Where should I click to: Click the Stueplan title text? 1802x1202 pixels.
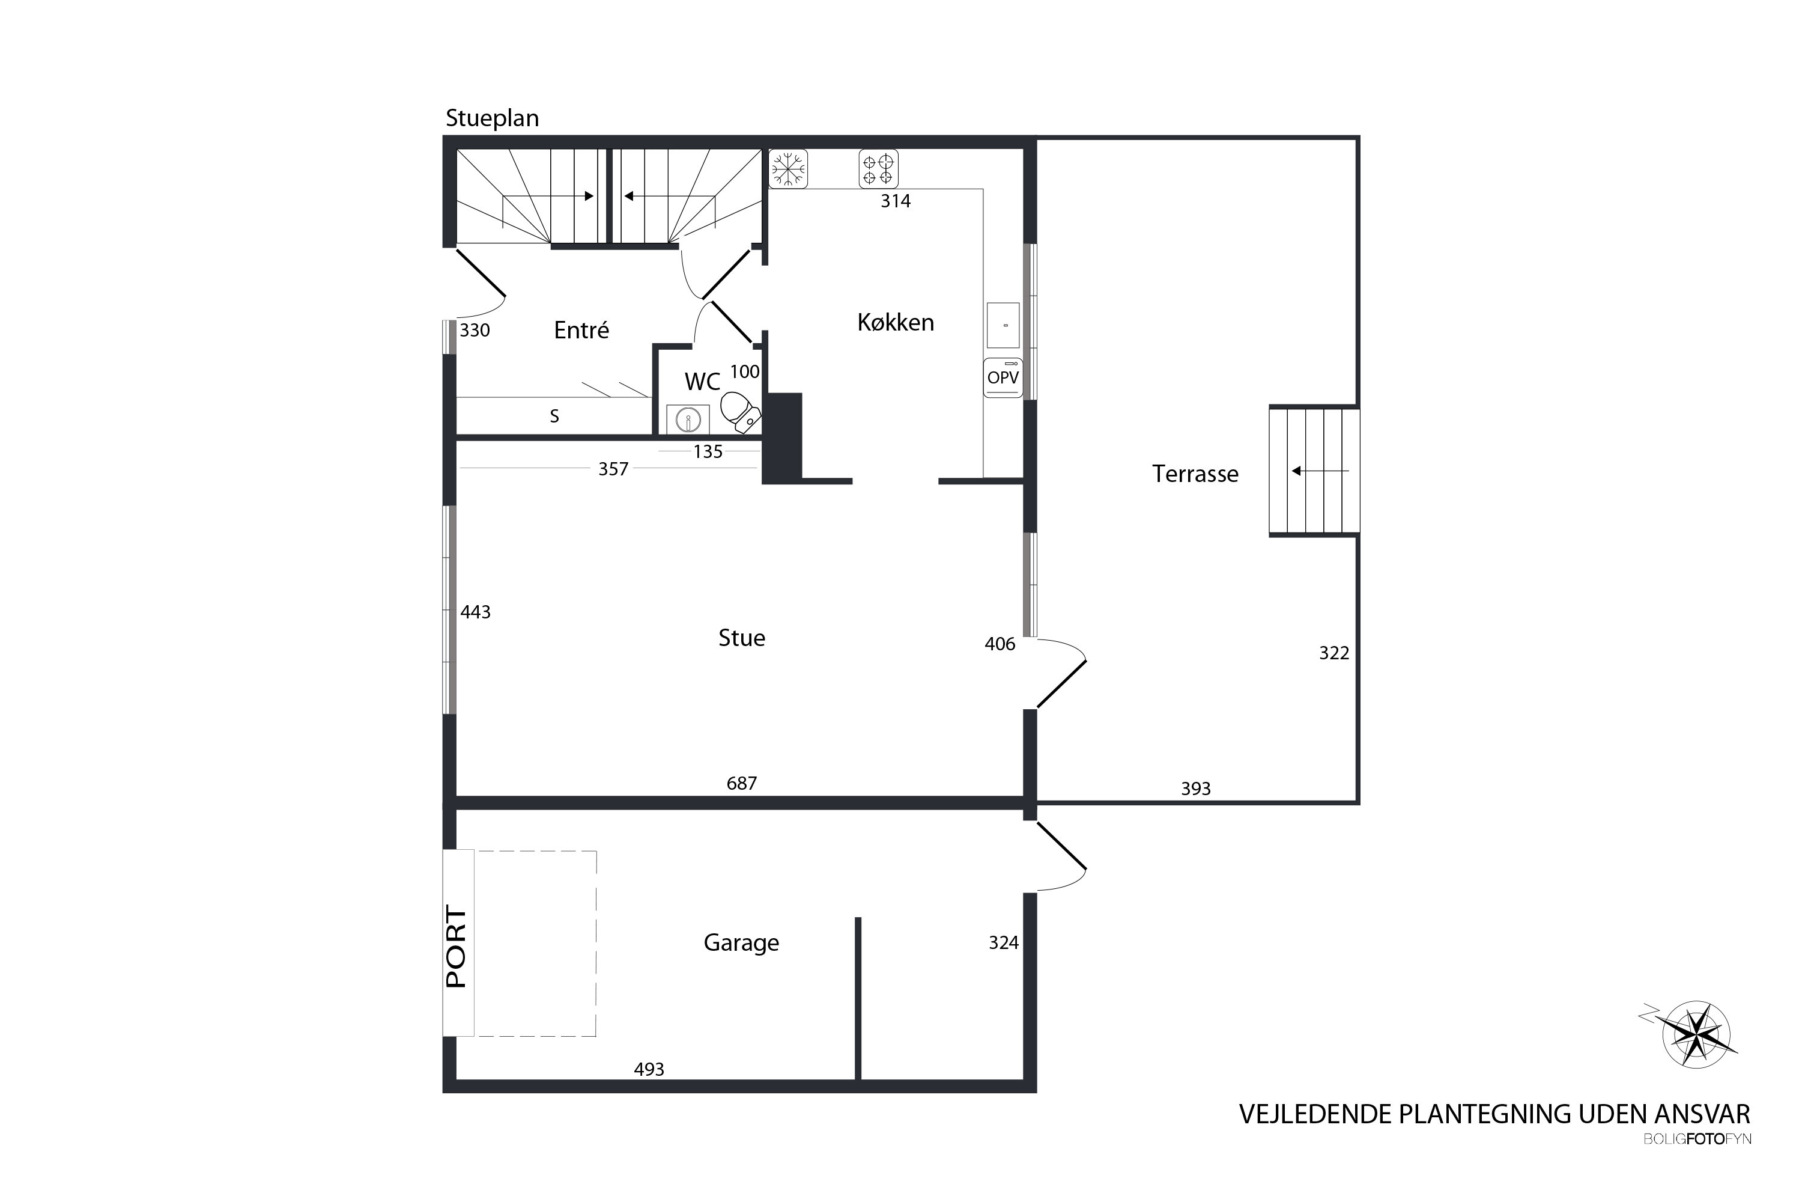click(493, 118)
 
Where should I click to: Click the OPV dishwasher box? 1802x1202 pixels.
click(1003, 377)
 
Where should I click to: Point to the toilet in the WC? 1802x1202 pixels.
click(740, 412)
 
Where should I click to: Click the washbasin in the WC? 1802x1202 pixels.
click(688, 419)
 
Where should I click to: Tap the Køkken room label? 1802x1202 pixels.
click(896, 322)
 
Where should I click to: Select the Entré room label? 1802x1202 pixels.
click(581, 329)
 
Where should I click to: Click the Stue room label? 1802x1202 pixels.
click(742, 638)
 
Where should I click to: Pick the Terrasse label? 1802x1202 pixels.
click(1195, 474)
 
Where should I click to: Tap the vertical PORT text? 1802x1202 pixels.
click(457, 948)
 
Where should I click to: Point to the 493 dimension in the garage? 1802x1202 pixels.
click(649, 1069)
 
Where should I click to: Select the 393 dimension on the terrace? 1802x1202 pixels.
click(1195, 789)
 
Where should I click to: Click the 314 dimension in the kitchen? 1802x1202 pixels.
click(896, 201)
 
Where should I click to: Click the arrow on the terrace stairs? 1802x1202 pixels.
click(1319, 471)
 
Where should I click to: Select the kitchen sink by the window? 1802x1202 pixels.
click(1003, 325)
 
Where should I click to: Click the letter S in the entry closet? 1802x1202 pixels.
click(554, 416)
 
